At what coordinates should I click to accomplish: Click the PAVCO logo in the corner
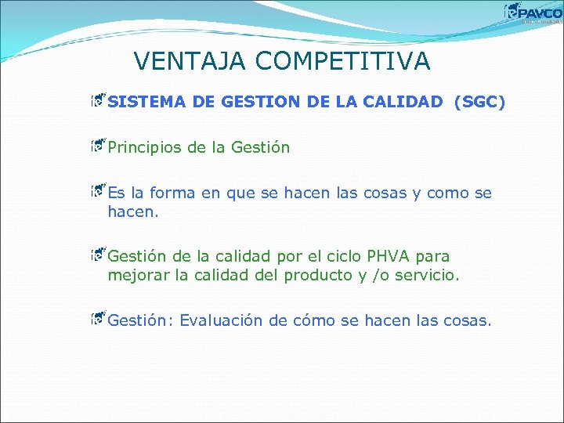(x=533, y=13)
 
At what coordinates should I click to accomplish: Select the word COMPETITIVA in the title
(x=348, y=61)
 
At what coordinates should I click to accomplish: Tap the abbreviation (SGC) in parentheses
(x=479, y=103)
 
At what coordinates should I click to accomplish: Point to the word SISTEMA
(x=146, y=103)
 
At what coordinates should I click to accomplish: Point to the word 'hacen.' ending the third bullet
(x=133, y=212)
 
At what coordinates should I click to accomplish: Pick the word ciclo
(x=345, y=256)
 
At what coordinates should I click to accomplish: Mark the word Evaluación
(x=222, y=320)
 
